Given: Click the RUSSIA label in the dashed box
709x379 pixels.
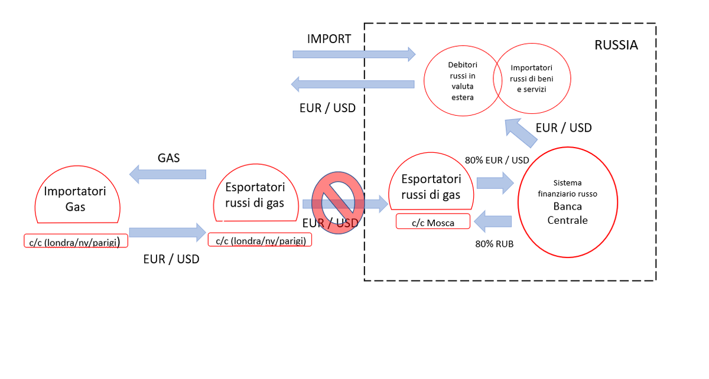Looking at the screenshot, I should [x=616, y=45].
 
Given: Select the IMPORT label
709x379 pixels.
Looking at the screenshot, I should [x=329, y=39].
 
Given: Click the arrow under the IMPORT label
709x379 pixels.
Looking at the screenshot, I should [x=354, y=54].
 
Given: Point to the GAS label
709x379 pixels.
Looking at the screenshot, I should [x=168, y=158].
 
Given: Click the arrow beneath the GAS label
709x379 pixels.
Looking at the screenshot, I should [x=168, y=174].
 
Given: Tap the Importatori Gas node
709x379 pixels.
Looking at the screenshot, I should [x=77, y=198].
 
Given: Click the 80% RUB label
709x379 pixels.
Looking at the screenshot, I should [x=495, y=243].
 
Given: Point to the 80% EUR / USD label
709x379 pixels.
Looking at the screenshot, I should [x=497, y=160].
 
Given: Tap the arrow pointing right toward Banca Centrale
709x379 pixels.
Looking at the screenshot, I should [x=495, y=183].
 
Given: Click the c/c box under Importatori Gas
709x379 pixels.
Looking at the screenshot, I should [x=75, y=241].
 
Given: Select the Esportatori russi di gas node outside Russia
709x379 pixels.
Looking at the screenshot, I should [x=255, y=195].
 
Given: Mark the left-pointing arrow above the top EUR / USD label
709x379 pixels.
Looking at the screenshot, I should [x=353, y=84].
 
